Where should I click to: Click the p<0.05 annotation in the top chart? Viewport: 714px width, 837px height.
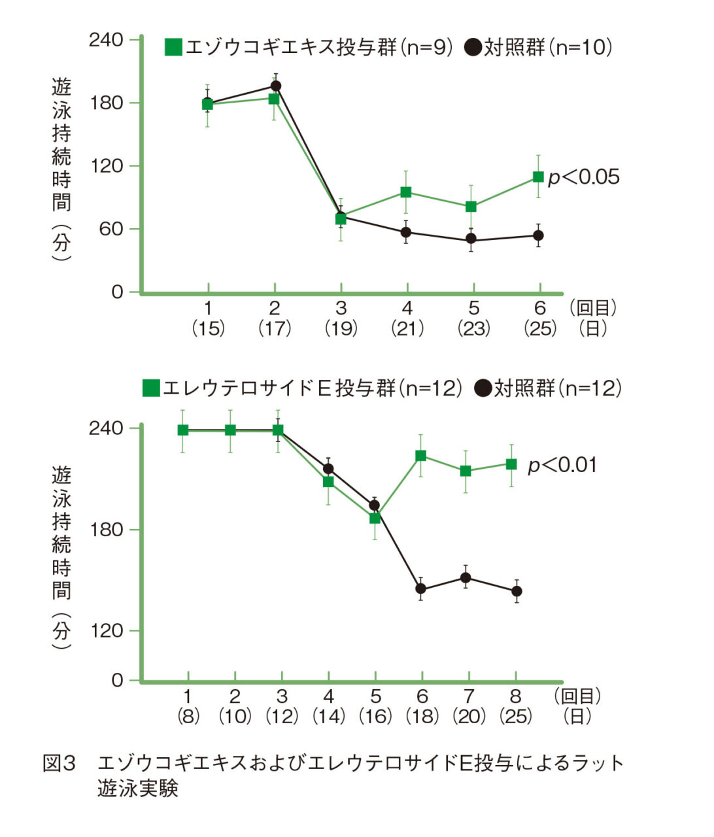tap(583, 177)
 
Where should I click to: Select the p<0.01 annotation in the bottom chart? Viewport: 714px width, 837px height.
tap(562, 465)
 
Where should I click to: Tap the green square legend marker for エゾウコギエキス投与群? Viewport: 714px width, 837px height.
tap(173, 47)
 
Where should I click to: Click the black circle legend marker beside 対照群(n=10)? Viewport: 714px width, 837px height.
tap(473, 47)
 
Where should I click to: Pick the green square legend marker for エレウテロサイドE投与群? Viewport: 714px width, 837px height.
tap(151, 388)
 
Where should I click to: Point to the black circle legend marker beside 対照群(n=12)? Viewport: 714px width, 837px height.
tap(483, 388)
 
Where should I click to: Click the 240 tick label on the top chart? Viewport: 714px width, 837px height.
tap(106, 40)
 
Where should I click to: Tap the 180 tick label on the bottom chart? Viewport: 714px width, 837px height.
tap(106, 529)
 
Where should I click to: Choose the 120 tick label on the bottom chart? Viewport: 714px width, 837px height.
tap(106, 630)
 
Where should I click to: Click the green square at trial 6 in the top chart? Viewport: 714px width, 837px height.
tap(538, 177)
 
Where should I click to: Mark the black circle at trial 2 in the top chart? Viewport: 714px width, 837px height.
tap(275, 86)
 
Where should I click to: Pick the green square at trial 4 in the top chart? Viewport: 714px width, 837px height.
tap(406, 192)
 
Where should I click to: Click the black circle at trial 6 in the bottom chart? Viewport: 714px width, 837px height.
tap(421, 589)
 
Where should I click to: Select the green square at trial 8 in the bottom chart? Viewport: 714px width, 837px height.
tap(512, 464)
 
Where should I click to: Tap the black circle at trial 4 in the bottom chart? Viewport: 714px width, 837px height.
tap(328, 469)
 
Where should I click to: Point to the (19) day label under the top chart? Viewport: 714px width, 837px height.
tap(341, 328)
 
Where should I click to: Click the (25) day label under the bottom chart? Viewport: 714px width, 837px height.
tap(515, 716)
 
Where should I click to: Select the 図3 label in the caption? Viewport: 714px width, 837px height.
tap(59, 763)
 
